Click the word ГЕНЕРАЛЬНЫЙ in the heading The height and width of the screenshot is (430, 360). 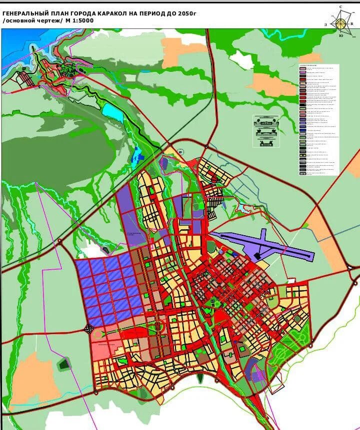[26, 12]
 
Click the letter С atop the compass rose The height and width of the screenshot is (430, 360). [340, 6]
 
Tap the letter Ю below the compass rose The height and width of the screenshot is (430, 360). [340, 35]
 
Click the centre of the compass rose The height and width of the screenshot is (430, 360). [340, 22]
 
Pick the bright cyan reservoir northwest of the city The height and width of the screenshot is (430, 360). [113, 113]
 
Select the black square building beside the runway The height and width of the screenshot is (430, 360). [257, 256]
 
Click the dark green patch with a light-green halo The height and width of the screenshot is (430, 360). [64, 364]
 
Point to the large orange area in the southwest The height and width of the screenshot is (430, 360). [31, 380]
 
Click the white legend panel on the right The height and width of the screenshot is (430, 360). [318, 120]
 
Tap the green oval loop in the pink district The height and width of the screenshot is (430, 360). [159, 327]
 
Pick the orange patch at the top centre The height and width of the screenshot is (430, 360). [177, 51]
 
